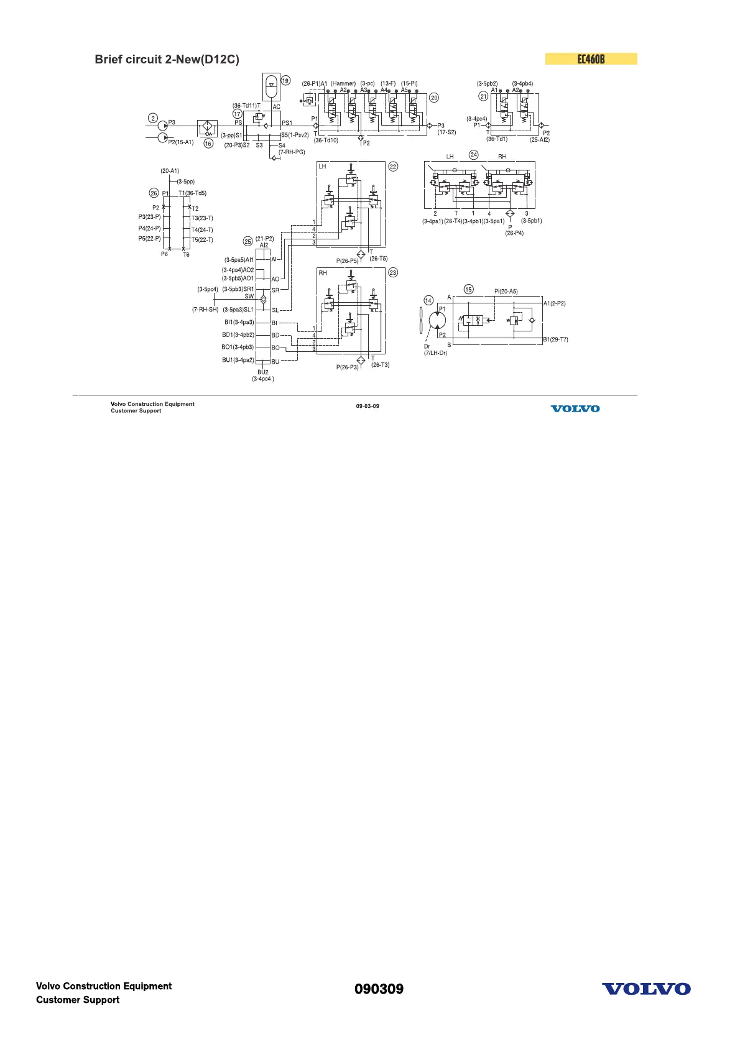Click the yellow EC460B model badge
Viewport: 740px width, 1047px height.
591,59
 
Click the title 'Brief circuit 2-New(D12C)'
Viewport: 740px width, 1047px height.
167,60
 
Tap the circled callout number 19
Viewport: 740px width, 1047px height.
285,80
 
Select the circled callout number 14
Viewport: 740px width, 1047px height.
428,301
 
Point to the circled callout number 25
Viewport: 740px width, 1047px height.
248,241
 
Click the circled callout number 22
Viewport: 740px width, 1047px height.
393,167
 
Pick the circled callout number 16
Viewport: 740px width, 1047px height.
208,144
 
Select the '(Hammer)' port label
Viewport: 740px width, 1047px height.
343,83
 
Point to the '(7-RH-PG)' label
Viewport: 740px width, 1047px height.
292,152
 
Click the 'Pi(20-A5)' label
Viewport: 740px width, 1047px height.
506,292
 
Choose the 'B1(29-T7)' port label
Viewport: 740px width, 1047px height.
555,339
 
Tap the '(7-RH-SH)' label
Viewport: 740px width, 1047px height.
205,310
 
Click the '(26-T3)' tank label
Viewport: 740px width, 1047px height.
380,365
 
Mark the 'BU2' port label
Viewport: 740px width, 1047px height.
263,372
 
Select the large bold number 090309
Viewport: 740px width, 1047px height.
379,989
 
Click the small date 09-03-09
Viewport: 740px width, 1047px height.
368,406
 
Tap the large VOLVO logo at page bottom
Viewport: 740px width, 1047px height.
646,989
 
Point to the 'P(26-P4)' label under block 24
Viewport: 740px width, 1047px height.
514,230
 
